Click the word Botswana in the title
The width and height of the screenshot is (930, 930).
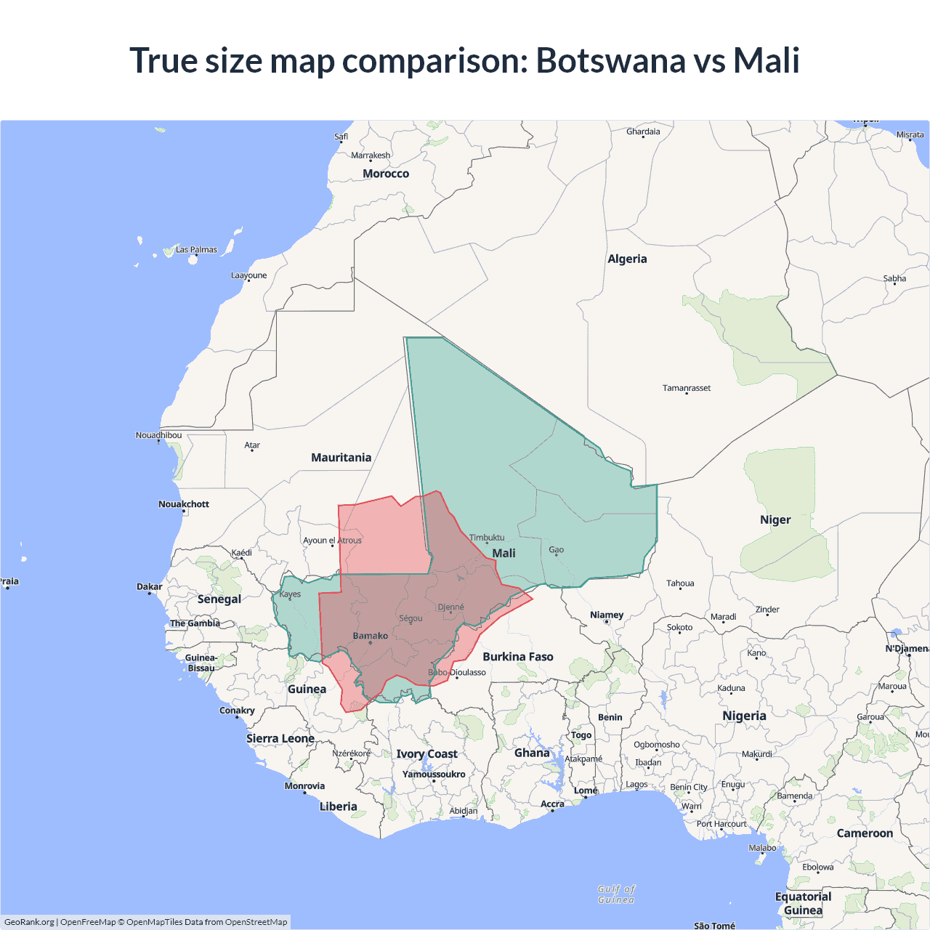(x=611, y=60)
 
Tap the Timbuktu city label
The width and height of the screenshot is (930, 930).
(x=487, y=538)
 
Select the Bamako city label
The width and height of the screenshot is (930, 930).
(x=371, y=636)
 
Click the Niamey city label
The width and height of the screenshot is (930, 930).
(x=607, y=615)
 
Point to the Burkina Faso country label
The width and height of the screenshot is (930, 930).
(x=518, y=657)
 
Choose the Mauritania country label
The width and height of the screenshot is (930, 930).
(x=341, y=458)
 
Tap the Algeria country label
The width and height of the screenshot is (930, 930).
(x=627, y=259)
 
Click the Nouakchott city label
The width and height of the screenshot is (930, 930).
(x=184, y=504)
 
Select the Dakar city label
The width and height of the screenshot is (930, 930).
(x=150, y=586)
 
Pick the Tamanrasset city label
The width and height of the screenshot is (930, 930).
(x=687, y=388)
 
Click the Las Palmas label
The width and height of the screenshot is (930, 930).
(x=196, y=249)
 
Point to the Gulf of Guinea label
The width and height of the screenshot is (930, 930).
(x=616, y=894)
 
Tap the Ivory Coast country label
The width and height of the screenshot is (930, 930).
(x=426, y=754)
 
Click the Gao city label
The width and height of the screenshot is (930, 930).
(x=556, y=550)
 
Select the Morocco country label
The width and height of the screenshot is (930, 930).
(x=386, y=174)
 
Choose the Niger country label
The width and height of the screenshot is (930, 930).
(x=775, y=520)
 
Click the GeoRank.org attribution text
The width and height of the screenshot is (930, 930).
(x=29, y=922)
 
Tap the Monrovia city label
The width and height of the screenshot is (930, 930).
(x=304, y=786)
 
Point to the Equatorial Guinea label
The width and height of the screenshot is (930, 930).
(x=803, y=903)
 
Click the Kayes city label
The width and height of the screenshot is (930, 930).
(x=290, y=594)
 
